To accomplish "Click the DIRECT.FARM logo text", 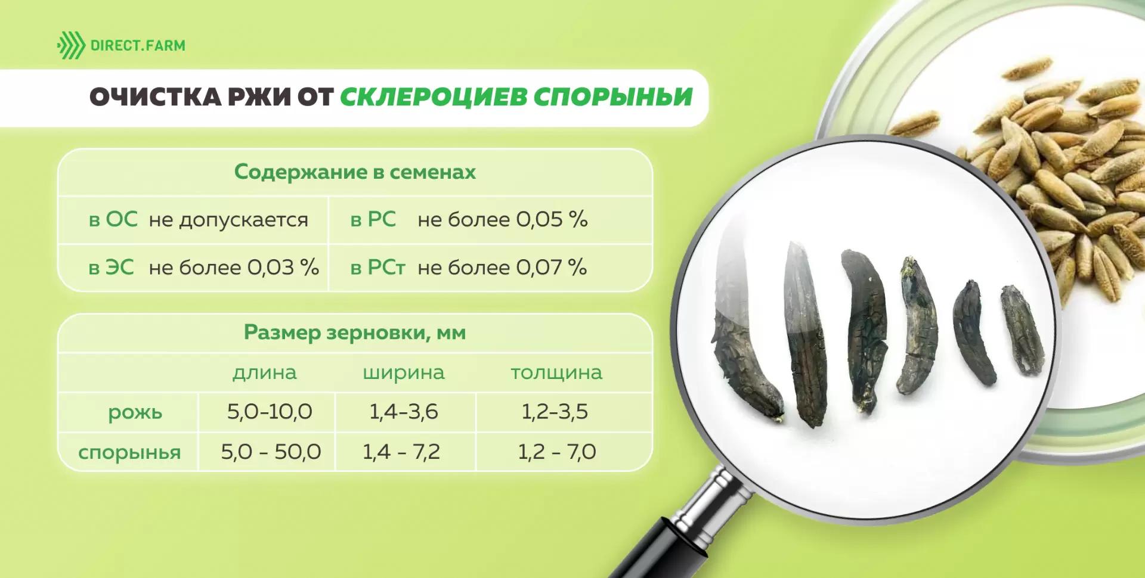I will (138, 45).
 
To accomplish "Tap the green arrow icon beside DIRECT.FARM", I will (72, 45).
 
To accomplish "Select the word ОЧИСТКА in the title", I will (156, 97).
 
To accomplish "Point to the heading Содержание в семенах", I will (355, 172).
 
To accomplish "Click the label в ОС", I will (113, 219).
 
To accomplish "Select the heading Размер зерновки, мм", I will (355, 332).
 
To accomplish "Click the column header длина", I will (265, 372).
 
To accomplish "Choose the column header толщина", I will (556, 372).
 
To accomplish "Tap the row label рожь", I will (135, 412).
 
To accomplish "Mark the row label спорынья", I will (129, 452).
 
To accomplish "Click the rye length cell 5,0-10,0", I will (270, 412).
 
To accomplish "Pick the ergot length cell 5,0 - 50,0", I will (271, 452).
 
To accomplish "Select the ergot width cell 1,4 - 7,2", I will (401, 452).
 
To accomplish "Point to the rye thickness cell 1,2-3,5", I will (555, 412).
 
